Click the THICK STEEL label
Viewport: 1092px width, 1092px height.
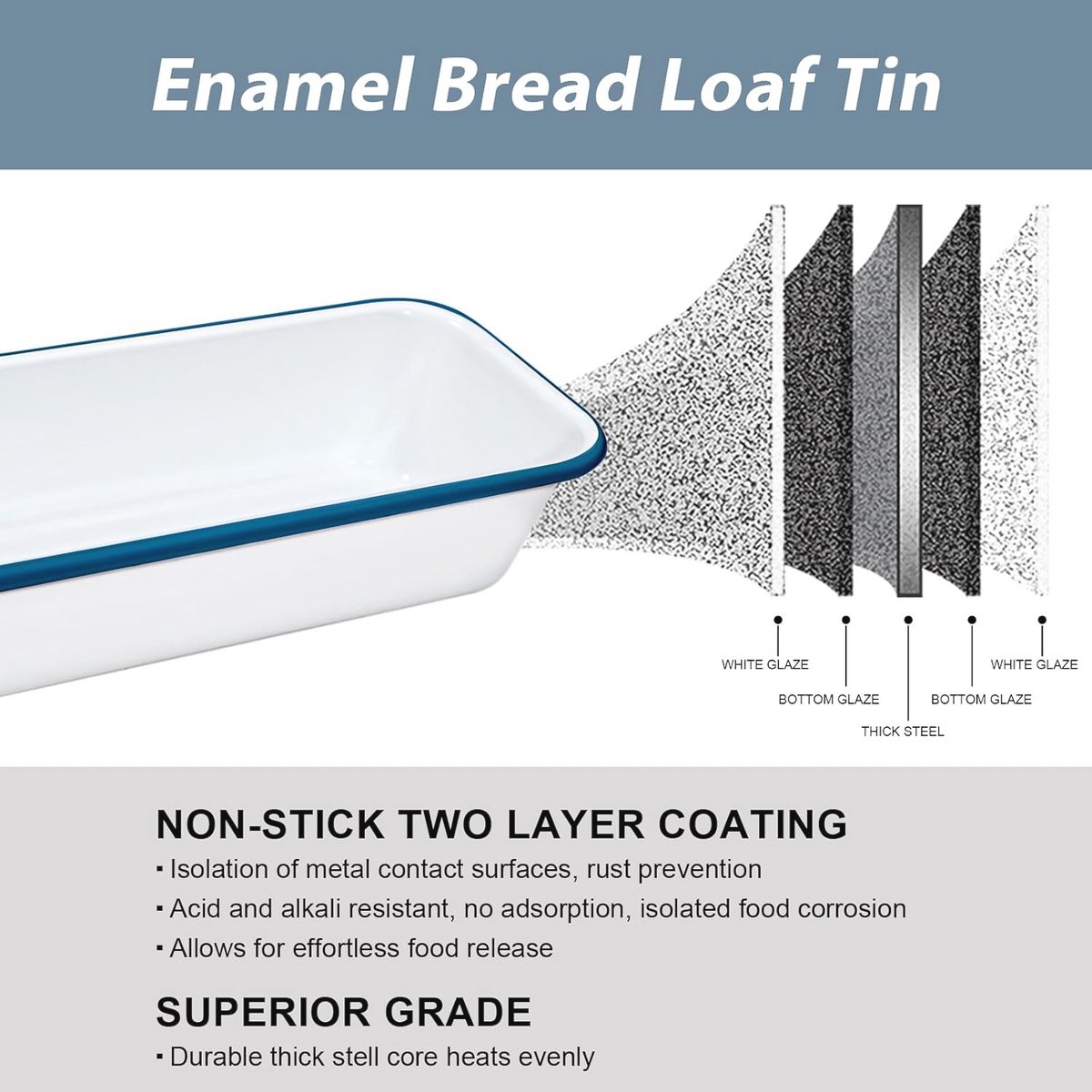coord(903,732)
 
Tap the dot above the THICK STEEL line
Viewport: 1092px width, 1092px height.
coord(908,620)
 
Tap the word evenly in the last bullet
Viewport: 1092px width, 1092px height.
coord(557,1057)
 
